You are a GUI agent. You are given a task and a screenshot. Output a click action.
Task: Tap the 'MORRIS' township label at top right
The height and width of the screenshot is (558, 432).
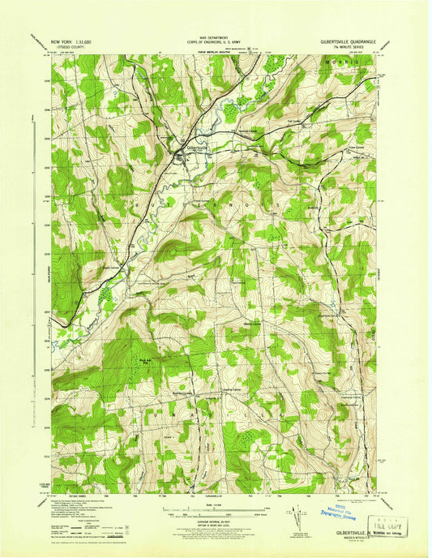pyautogui.click(x=344, y=62)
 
